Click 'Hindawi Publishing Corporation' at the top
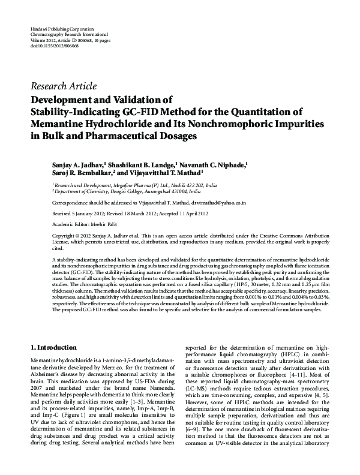tap(61, 29)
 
